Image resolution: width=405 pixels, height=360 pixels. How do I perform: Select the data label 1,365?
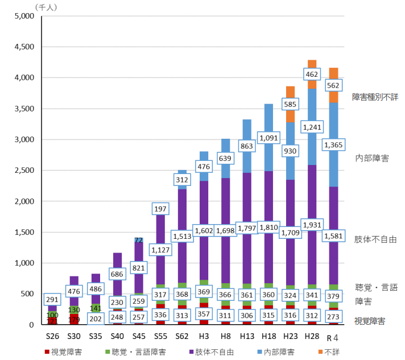click(333, 145)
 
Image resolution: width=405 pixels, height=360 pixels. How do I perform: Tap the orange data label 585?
click(290, 104)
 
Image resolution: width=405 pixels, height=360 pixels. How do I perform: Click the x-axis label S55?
click(160, 337)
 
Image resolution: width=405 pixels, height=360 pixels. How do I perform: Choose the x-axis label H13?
click(247, 337)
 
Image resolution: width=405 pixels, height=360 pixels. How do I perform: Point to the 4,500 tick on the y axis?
click(25, 47)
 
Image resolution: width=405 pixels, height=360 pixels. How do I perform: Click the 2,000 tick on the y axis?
click(25, 201)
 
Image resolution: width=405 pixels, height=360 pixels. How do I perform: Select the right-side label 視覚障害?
click(369, 321)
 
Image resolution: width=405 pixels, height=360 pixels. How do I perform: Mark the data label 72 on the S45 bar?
click(138, 241)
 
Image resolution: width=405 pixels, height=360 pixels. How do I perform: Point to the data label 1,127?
click(160, 249)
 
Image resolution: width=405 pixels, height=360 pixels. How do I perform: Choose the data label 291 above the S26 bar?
click(53, 299)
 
